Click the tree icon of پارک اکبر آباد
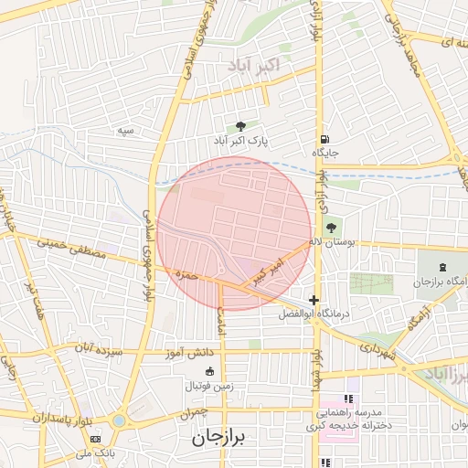[x=240, y=127]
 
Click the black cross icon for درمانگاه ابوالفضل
[x=314, y=300]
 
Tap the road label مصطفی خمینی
[x=71, y=248]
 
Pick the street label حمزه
[x=186, y=273]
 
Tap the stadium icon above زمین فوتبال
[x=210, y=371]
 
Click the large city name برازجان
[x=220, y=438]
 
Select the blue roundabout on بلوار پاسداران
[x=119, y=421]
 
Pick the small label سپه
[x=125, y=131]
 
